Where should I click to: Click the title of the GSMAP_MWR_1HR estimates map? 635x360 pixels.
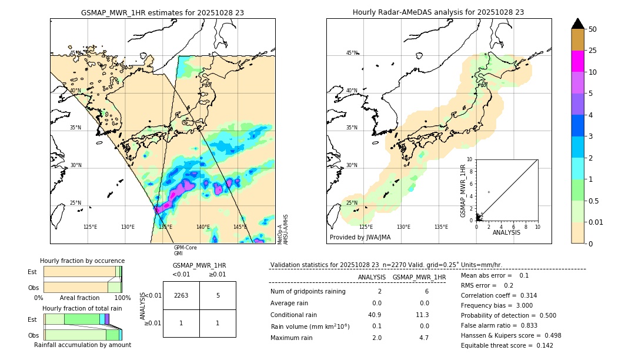(x=162, y=12)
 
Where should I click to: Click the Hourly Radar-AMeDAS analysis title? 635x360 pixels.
(x=438, y=12)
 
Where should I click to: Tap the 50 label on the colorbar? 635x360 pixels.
(x=593, y=29)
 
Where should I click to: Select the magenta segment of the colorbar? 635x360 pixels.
(x=577, y=61)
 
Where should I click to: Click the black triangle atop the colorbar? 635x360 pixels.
(x=577, y=24)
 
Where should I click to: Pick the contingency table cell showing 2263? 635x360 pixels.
(x=181, y=295)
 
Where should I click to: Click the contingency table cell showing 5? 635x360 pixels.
(x=218, y=295)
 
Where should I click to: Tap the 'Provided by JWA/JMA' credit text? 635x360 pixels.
(x=360, y=237)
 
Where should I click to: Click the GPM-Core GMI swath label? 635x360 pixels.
(x=185, y=251)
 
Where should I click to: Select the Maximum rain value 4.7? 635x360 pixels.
(x=423, y=338)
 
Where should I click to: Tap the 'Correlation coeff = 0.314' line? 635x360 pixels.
(x=499, y=295)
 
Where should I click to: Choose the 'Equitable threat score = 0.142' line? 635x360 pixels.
(x=499, y=345)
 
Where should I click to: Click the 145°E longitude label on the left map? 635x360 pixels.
(x=240, y=227)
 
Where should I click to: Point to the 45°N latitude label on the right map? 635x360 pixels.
(x=352, y=54)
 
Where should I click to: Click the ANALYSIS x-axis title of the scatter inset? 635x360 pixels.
(x=506, y=232)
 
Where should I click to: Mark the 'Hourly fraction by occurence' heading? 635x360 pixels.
(x=82, y=261)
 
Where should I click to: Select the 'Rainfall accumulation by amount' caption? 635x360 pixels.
(x=82, y=345)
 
